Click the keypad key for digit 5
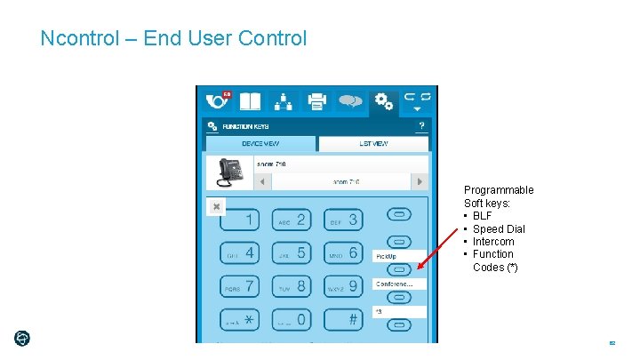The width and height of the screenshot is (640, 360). click(292, 253)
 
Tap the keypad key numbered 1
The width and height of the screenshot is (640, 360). click(240, 220)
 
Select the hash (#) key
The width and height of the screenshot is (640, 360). click(343, 318)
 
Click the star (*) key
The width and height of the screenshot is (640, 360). click(240, 318)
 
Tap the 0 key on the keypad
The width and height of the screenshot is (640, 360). click(292, 318)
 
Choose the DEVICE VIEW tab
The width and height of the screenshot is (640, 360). click(260, 143)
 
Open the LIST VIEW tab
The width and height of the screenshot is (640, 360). click(373, 143)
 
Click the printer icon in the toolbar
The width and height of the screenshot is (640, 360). click(316, 101)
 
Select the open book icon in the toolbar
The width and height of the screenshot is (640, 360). click(251, 101)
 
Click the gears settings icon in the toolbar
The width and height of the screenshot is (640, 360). click(383, 101)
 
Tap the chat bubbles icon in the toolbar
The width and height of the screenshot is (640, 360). click(349, 101)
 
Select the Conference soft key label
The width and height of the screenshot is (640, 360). click(399, 284)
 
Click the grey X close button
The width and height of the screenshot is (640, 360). click(216, 206)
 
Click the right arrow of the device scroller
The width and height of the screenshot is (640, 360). click(420, 181)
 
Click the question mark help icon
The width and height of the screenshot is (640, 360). click(421, 126)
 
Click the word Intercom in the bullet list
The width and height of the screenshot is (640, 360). click(492, 242)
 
